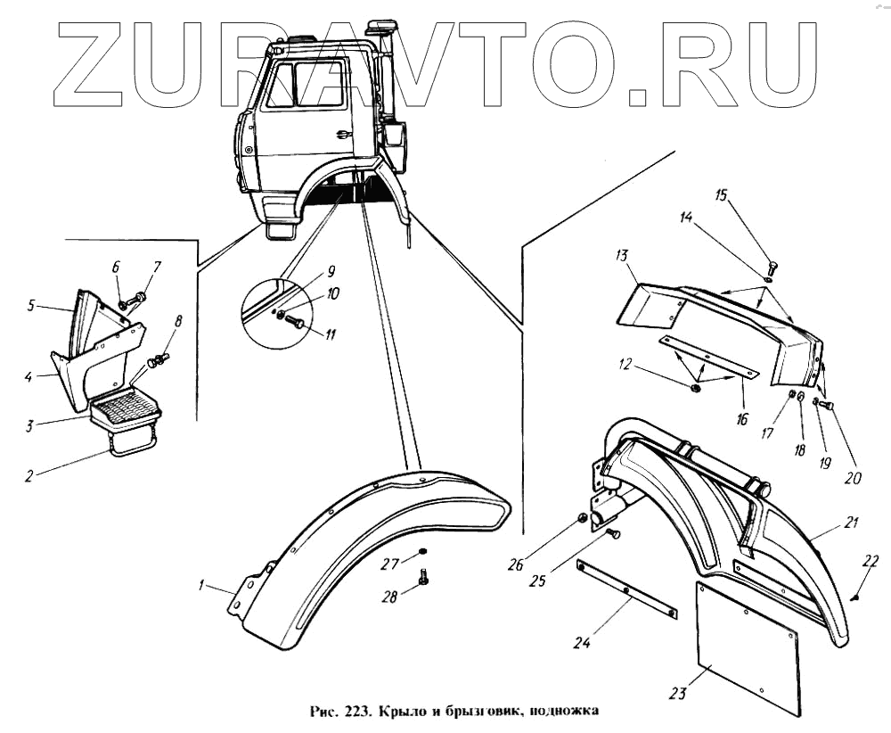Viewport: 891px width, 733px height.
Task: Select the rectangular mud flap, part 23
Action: tap(747, 646)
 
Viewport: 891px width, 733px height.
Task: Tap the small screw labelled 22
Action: tap(854, 597)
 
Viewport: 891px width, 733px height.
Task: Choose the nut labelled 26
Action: tap(581, 518)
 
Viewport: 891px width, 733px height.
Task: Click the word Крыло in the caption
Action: tap(403, 712)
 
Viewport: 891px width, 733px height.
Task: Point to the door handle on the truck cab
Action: tap(342, 135)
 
